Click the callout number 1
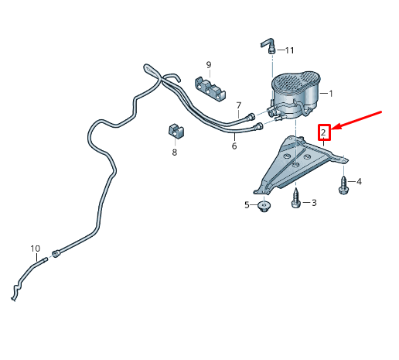click(x=331, y=94)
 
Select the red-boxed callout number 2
click(x=323, y=132)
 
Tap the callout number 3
click(x=314, y=203)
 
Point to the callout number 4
click(x=359, y=181)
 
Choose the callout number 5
click(x=247, y=205)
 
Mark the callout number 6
click(x=234, y=146)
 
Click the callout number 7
click(x=239, y=105)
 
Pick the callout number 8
click(x=175, y=153)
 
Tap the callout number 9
click(x=209, y=65)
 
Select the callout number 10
click(x=36, y=249)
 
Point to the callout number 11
click(x=289, y=50)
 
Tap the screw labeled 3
click(x=296, y=198)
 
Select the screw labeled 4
click(x=343, y=185)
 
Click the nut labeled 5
click(x=264, y=207)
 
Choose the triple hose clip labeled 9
click(x=210, y=89)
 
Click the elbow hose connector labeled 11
click(x=268, y=46)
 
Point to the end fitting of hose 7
click(x=251, y=116)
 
